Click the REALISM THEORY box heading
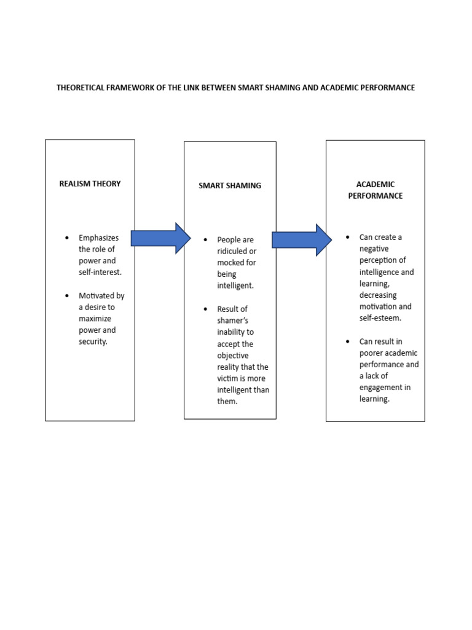tap(90, 183)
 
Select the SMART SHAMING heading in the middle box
tap(230, 185)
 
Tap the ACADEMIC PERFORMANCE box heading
tap(375, 189)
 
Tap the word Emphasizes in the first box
tap(99, 237)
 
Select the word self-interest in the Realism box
tap(100, 272)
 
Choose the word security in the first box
tap(92, 341)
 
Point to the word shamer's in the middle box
tap(232, 321)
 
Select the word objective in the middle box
tap(234, 356)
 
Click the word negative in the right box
tap(375, 249)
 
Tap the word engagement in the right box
tap(385, 387)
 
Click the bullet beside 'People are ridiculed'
tap(206, 239)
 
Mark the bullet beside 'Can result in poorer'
tap(347, 341)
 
